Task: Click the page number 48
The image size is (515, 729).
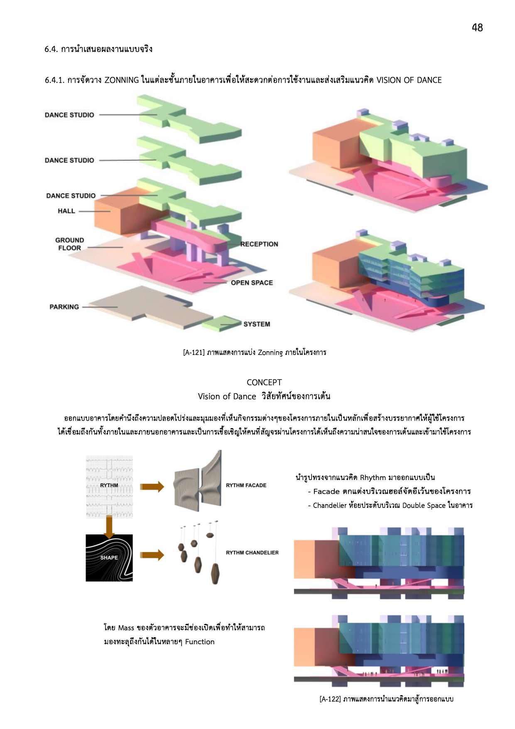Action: tap(477, 27)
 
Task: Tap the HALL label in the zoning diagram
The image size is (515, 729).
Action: tap(66, 211)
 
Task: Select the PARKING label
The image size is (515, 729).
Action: tap(64, 307)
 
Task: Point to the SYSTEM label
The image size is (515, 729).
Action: tap(257, 324)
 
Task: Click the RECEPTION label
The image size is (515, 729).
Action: tap(259, 244)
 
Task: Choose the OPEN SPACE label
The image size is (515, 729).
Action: tap(252, 283)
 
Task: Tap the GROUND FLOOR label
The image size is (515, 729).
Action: tap(69, 244)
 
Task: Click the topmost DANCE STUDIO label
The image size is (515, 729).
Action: tap(69, 115)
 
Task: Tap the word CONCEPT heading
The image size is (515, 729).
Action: tap(264, 382)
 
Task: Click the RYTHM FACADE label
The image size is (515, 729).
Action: tap(246, 485)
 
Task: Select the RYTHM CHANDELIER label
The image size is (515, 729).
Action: tap(252, 553)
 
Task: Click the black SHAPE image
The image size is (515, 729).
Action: tap(109, 558)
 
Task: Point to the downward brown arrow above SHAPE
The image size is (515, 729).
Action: tap(109, 526)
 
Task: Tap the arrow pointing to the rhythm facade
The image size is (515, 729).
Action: tap(152, 487)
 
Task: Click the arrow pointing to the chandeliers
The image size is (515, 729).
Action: tap(152, 555)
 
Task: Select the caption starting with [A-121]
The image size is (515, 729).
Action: tap(255, 352)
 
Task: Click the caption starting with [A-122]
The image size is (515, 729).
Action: tap(386, 699)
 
